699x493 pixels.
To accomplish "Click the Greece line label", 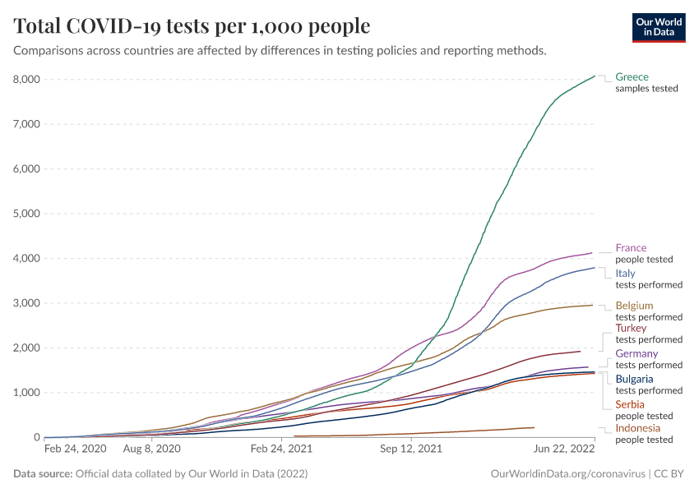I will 632,77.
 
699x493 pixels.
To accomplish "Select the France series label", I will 631,248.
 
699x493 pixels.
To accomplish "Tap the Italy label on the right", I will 624,273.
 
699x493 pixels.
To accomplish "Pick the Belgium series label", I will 634,306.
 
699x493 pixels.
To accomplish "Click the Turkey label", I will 631,328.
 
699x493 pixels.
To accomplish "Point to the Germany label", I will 637,353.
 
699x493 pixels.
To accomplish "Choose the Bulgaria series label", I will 634,379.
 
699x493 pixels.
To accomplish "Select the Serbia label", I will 630,404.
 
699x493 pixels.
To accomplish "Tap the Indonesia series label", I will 637,428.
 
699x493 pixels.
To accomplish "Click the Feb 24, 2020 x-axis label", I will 75,449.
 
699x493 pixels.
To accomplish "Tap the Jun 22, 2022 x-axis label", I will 564,449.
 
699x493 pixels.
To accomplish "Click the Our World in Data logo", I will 658,27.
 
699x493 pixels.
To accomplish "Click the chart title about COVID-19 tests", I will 192,26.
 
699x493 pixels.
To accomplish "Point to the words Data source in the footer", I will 42,474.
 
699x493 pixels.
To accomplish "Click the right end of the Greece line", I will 595,76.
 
